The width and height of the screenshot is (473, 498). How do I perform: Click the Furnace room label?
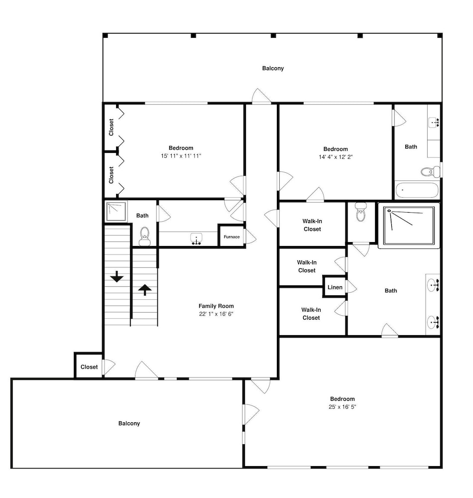point(232,237)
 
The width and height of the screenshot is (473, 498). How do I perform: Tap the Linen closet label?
point(335,287)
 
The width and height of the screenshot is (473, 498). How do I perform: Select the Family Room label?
point(216,306)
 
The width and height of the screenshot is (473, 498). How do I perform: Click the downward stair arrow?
point(117,276)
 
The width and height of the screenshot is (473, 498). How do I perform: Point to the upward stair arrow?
point(145,290)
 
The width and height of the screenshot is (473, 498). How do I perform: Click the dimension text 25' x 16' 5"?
point(343,407)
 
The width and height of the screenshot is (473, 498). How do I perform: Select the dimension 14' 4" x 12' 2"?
point(336,157)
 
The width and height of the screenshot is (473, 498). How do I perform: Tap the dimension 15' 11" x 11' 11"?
point(181,156)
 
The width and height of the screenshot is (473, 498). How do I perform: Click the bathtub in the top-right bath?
point(417,190)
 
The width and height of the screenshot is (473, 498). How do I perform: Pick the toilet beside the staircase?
point(145,237)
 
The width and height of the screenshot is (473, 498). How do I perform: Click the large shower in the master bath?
point(409,226)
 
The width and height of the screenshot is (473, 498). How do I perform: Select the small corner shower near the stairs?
point(116,212)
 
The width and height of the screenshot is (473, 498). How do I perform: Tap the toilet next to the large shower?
point(360,212)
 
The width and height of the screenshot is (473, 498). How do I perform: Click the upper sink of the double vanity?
point(433,285)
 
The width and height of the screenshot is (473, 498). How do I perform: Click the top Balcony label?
point(273,68)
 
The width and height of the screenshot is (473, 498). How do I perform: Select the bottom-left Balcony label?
point(129,423)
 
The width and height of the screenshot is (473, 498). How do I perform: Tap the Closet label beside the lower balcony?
point(89,367)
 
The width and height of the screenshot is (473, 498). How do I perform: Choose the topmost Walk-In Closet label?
point(312,225)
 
